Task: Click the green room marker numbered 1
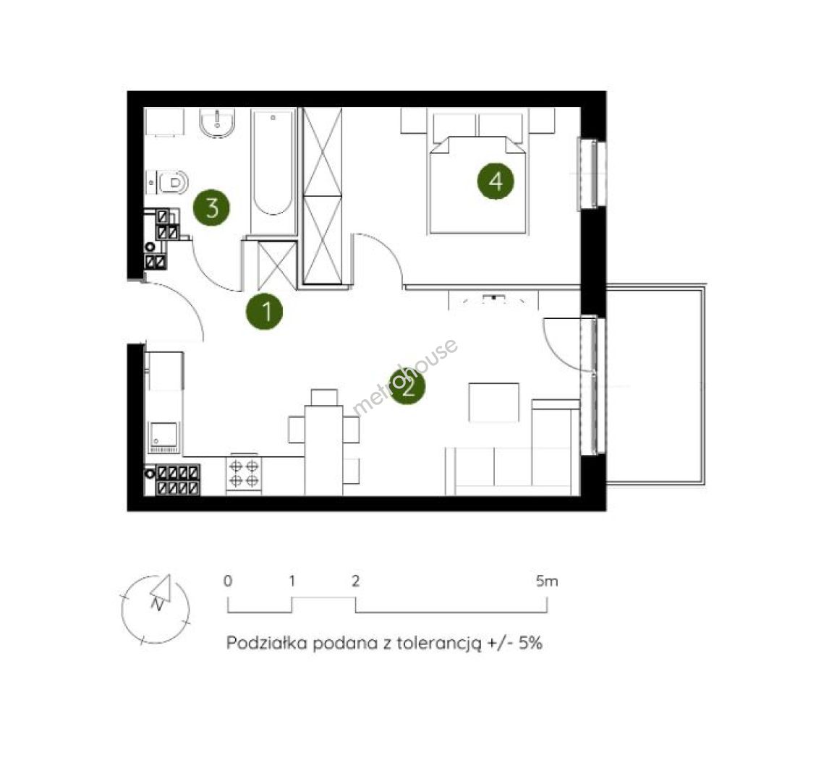265,312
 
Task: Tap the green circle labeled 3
212,208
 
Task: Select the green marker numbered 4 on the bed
496,181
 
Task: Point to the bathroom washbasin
218,124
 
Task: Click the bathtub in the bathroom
273,171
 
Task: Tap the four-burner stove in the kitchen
244,474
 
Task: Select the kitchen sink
164,436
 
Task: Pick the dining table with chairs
323,442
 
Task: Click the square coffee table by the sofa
494,402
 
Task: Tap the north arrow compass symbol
155,610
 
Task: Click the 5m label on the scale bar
546,581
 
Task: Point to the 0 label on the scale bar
228,581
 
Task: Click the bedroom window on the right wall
592,174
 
